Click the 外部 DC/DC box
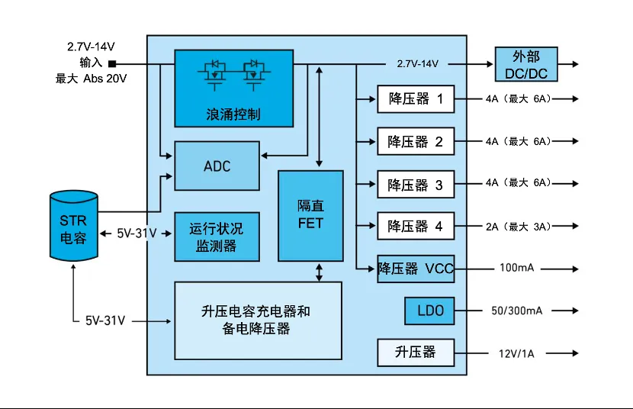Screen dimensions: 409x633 pos(525,65)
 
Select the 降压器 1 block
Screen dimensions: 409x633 pos(416,99)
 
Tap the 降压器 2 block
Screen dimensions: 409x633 pos(416,141)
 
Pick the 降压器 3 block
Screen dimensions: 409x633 pos(416,184)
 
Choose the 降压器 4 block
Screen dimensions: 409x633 pos(416,226)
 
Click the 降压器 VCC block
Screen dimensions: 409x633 pos(416,269)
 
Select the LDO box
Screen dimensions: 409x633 pos(429,311)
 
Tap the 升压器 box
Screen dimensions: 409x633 pos(416,353)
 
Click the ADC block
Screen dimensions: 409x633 pos(217,166)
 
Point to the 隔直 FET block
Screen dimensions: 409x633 pos(310,216)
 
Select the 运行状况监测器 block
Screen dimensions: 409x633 pos(217,237)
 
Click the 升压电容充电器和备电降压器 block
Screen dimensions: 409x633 pos(257,320)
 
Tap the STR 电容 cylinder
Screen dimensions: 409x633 pos(73,227)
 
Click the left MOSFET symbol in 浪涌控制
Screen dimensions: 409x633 pos(214,74)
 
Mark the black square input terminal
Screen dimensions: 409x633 pos(112,64)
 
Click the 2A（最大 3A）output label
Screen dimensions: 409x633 pos(518,226)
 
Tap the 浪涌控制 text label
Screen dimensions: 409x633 pos(233,114)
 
